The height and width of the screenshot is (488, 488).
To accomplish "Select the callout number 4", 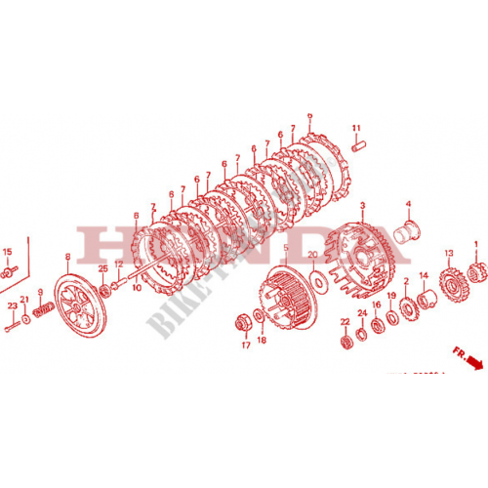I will coord(409,204).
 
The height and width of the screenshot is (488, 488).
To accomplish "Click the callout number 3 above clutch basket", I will coord(362,206).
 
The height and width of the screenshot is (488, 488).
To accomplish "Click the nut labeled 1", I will coord(477,271).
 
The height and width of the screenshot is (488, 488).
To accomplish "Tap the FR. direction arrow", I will coord(472,361).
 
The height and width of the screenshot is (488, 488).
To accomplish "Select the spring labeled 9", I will coord(41,311).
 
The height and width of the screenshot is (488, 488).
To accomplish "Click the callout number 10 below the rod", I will coord(137,288).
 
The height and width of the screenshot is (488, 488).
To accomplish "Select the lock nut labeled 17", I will coord(244,323).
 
